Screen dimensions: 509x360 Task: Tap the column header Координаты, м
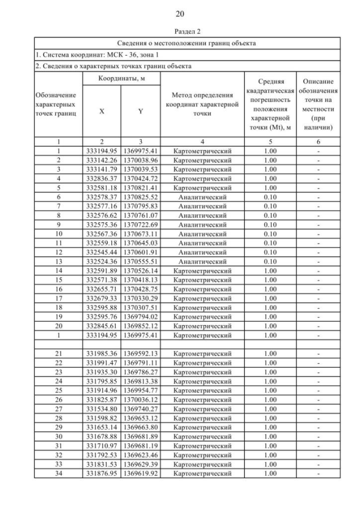(122, 78)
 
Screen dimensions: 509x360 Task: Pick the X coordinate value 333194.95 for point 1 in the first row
(101, 151)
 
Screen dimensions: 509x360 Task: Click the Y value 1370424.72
(141, 178)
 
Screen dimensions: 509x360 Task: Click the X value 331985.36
(101, 354)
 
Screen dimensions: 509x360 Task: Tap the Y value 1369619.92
(141, 474)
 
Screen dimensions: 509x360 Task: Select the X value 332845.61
(101, 326)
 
